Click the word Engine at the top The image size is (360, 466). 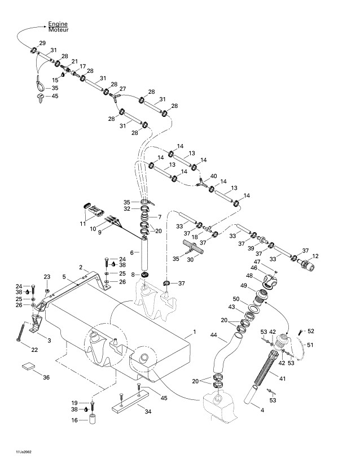pos(58,24)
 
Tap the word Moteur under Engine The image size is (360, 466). pos(58,29)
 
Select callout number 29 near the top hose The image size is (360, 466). pos(42,43)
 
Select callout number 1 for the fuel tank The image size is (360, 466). pos(194,330)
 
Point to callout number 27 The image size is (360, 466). pos(122,89)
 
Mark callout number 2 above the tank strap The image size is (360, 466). pos(81,267)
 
